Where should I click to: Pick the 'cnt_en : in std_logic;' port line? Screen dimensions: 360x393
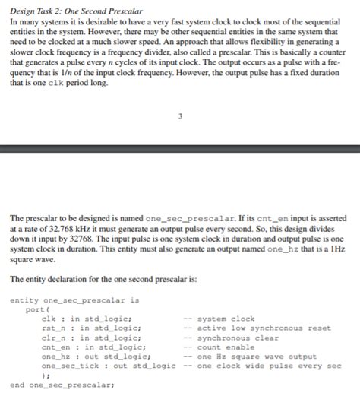(x=94, y=347)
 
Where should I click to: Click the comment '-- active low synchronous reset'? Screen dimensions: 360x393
(x=257, y=328)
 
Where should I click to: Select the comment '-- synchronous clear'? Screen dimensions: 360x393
(x=232, y=337)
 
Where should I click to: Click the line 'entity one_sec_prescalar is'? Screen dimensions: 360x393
(x=74, y=300)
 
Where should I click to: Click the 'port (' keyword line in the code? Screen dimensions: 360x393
(x=36, y=309)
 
